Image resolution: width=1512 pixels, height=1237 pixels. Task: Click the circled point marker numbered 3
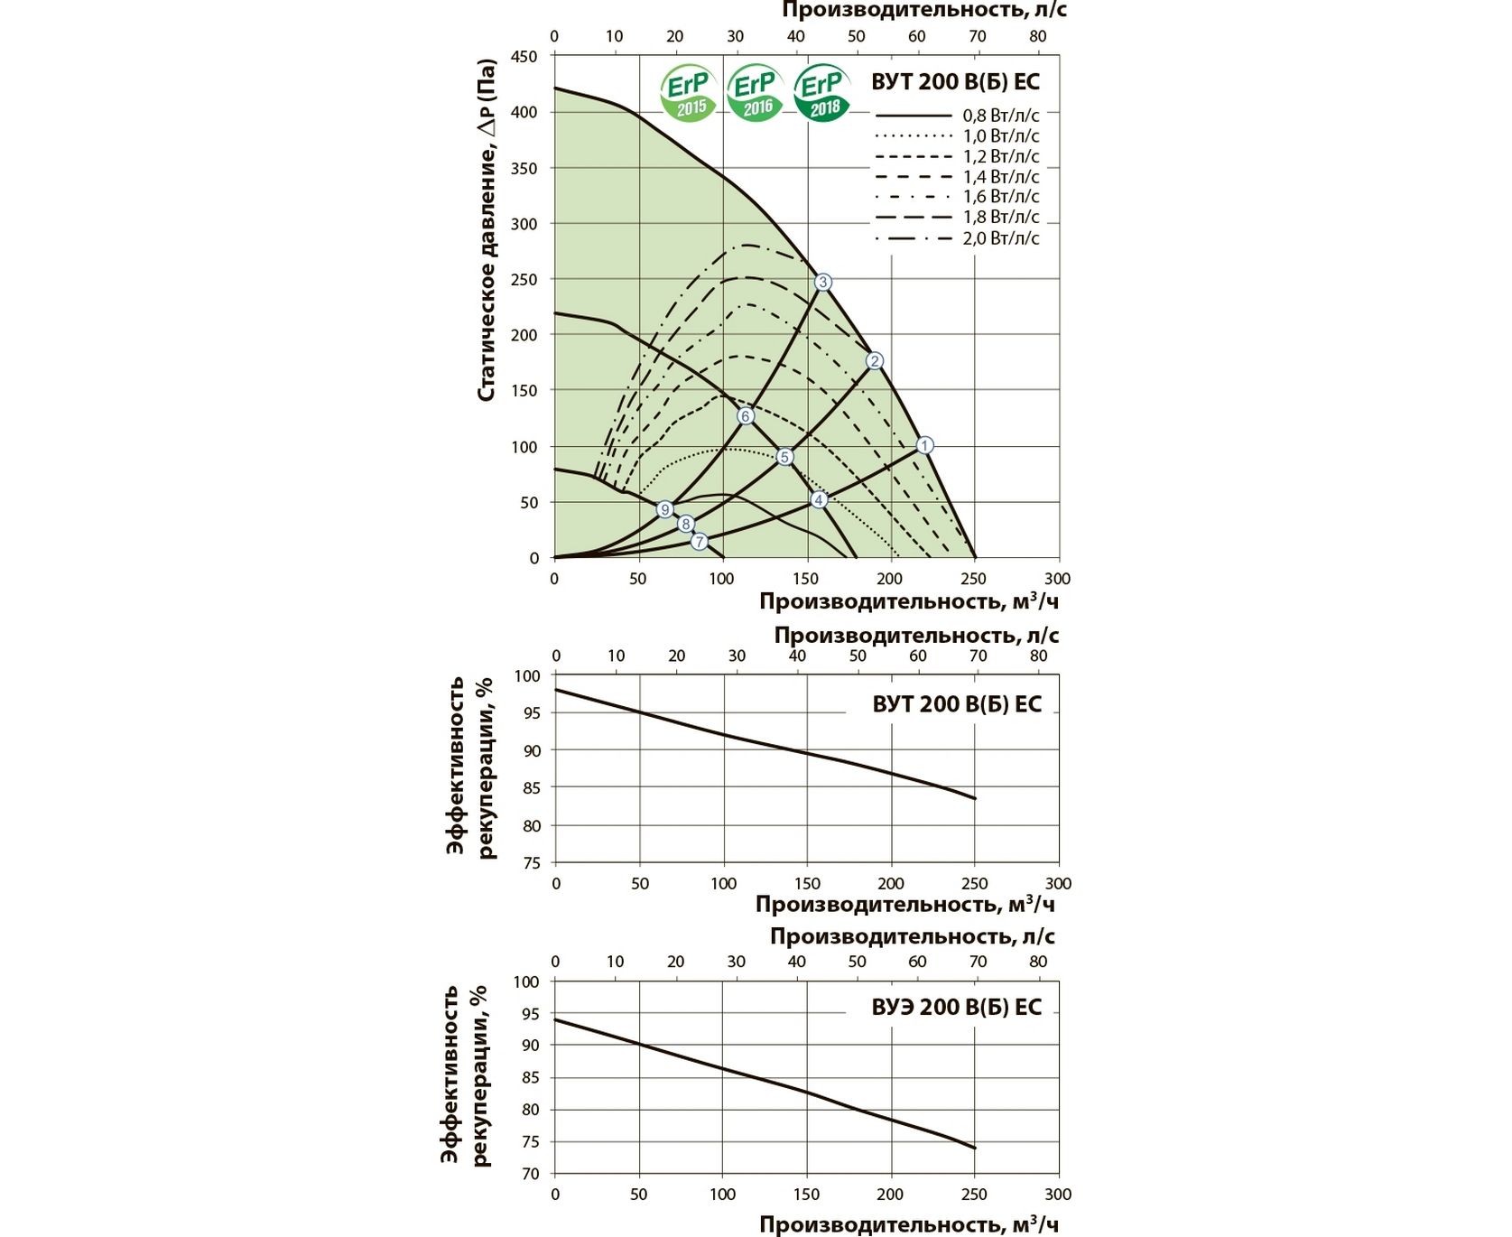pos(822,283)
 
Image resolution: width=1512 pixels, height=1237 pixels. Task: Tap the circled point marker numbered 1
pos(924,445)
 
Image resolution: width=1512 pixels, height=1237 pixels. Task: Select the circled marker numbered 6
pos(745,416)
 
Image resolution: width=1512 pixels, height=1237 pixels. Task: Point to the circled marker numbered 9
pos(665,510)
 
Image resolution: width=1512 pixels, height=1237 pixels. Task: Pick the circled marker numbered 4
pos(819,500)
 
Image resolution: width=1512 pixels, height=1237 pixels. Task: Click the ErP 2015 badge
pos(689,93)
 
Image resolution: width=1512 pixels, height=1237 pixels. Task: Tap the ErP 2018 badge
pos(822,93)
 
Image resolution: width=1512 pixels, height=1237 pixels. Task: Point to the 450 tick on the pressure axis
pos(524,57)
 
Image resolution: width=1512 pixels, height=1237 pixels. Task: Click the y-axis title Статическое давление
pos(487,230)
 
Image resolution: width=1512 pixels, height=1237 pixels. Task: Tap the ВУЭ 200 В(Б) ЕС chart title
pos(956,1007)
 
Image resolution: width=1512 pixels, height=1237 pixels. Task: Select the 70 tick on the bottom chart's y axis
pos(530,1174)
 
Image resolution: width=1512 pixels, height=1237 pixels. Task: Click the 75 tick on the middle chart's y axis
pos(531,863)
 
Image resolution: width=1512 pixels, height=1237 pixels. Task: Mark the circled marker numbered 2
pos(874,361)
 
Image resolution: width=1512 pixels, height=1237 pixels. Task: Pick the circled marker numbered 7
pos(700,542)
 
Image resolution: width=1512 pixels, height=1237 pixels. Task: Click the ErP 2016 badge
pos(756,93)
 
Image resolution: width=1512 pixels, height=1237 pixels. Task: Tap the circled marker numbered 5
pos(784,457)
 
